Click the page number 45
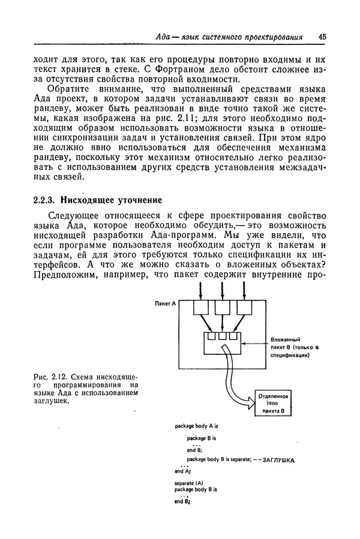pyautogui.click(x=322, y=37)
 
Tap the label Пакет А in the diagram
pyautogui.click(x=164, y=305)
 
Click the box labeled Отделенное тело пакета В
pyautogui.click(x=274, y=404)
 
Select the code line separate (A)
pyautogui.click(x=189, y=482)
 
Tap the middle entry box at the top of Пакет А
pyautogui.click(x=223, y=308)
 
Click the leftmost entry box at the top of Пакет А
pyautogui.click(x=200, y=308)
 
